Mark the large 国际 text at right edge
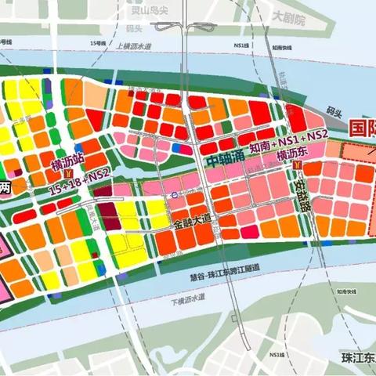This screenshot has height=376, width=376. (361, 127)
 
